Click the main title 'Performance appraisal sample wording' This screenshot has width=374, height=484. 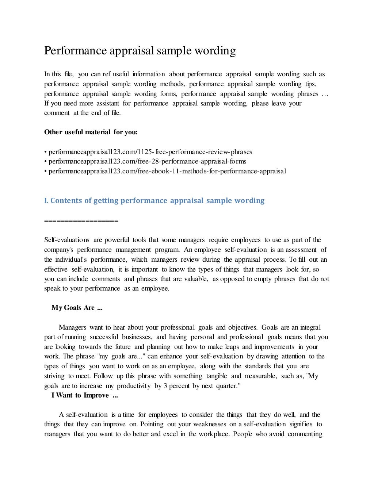click(140, 51)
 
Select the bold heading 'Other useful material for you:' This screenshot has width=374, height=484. click(91, 132)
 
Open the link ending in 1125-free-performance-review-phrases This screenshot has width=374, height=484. click(150, 152)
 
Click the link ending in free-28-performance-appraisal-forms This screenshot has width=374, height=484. click(147, 161)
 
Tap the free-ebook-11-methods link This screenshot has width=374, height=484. click(167, 171)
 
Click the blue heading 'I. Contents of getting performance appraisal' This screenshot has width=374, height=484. click(154, 200)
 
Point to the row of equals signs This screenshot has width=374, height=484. click(81, 220)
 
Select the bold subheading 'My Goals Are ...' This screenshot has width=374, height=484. click(77, 308)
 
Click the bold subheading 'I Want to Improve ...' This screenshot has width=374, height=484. click(85, 395)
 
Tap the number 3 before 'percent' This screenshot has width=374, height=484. click(165, 386)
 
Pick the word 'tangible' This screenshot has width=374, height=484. click(216, 376)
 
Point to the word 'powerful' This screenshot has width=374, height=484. click(117, 240)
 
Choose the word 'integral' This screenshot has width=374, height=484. click(310, 327)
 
